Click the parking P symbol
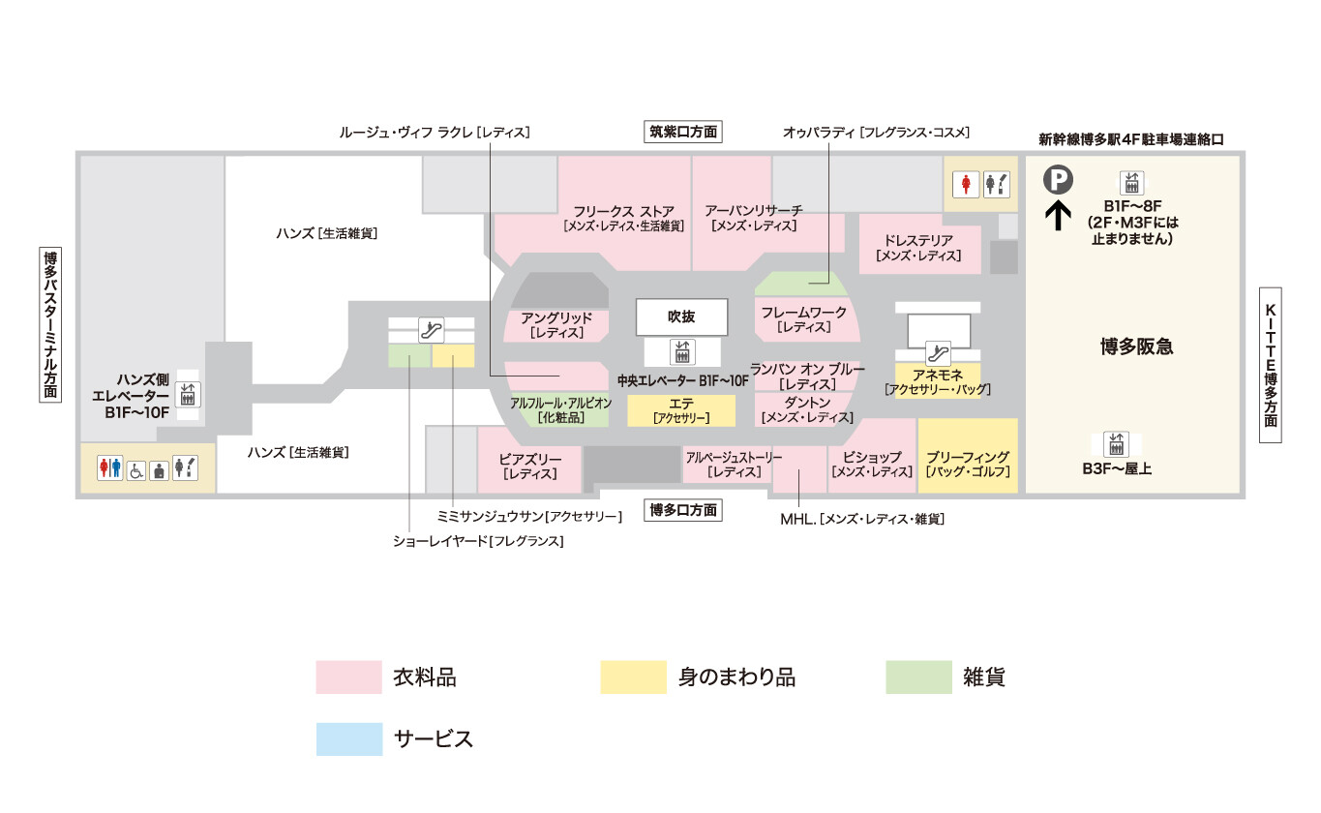(x=1059, y=180)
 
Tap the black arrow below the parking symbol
(x=1059, y=214)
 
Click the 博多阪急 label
(x=1136, y=346)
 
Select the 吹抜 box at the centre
(x=681, y=316)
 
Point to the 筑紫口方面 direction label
(x=684, y=133)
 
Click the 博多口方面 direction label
(x=684, y=510)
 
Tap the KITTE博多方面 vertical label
(x=1271, y=364)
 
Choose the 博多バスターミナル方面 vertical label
(x=49, y=324)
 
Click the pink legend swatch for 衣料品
(x=348, y=677)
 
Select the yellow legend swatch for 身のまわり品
(x=633, y=677)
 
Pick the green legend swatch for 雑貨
(x=918, y=677)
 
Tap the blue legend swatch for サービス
(x=348, y=739)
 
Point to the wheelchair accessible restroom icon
(x=136, y=469)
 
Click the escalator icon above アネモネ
(x=937, y=351)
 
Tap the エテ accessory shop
(x=681, y=411)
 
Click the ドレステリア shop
(x=918, y=248)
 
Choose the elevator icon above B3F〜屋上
(x=1118, y=444)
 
